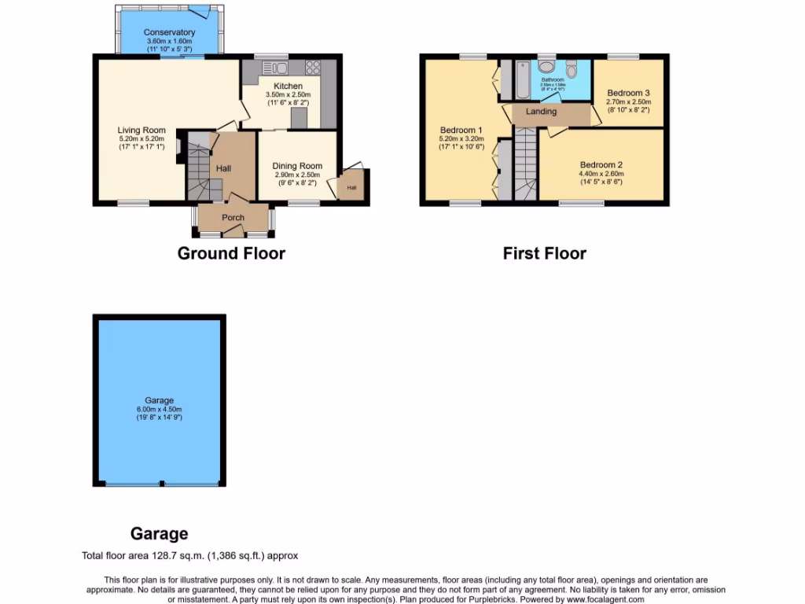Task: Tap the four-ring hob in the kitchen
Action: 313,67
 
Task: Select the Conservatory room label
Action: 170,32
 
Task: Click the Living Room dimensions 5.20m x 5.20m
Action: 142,138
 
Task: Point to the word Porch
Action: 233,218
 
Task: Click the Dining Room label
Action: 297,166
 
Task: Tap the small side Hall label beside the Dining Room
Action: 351,187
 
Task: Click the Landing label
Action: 542,112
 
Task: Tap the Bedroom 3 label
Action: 628,92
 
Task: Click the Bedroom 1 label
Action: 461,130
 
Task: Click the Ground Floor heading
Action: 231,253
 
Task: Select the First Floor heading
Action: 545,253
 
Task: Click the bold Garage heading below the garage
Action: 160,534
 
